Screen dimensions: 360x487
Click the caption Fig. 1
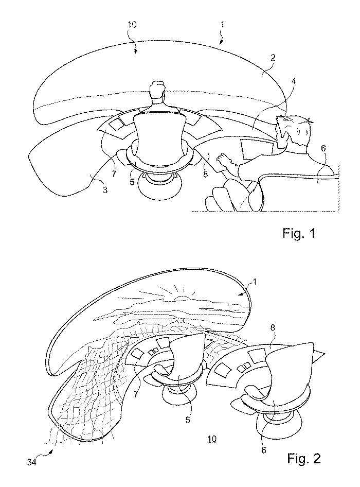click(299, 233)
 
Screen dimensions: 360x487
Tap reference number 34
click(31, 462)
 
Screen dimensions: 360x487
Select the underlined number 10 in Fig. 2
click(212, 439)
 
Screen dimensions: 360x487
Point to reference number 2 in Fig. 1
click(273, 57)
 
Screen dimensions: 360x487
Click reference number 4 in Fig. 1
click(294, 81)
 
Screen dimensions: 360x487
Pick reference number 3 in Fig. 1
click(105, 190)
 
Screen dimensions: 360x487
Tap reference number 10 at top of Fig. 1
click(132, 25)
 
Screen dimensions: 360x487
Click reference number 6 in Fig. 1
click(323, 148)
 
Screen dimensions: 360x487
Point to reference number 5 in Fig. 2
click(188, 420)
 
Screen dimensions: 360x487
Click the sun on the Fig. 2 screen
click(181, 298)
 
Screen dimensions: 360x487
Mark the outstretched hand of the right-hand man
click(226, 162)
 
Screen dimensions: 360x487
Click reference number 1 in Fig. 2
click(255, 282)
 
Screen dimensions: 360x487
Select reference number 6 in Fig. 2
click(264, 450)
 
